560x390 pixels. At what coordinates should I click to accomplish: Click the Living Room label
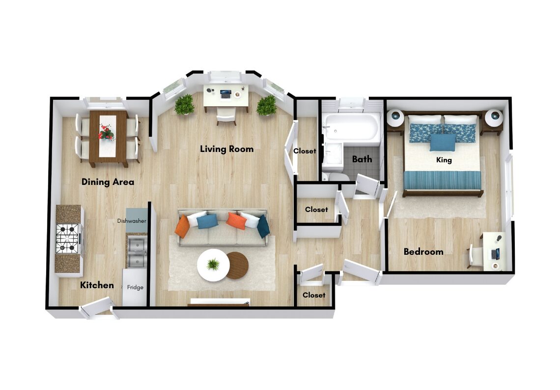click(227, 149)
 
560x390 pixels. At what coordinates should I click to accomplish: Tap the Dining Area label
click(108, 181)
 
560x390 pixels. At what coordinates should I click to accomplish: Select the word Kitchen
click(97, 285)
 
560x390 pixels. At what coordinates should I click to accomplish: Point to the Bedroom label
click(423, 252)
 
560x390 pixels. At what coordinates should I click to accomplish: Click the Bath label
click(362, 159)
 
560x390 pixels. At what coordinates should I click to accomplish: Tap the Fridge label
click(135, 287)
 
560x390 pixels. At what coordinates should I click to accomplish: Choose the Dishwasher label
click(132, 221)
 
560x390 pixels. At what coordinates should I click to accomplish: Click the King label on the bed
click(444, 160)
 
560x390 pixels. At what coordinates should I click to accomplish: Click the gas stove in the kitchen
click(67, 239)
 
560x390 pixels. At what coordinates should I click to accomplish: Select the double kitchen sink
click(137, 252)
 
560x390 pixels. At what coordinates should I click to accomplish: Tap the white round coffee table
click(213, 265)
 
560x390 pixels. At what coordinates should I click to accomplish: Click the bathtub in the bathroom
click(351, 127)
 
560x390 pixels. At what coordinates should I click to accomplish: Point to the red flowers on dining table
click(106, 132)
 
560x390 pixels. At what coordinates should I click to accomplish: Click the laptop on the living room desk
click(225, 94)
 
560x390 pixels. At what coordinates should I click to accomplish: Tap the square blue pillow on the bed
click(443, 142)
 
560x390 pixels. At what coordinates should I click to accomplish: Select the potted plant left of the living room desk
click(184, 104)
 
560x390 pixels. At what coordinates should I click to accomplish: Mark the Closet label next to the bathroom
click(305, 151)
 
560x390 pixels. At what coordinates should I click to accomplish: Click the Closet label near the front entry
click(314, 295)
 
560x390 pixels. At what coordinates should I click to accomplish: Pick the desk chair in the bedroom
click(475, 256)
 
